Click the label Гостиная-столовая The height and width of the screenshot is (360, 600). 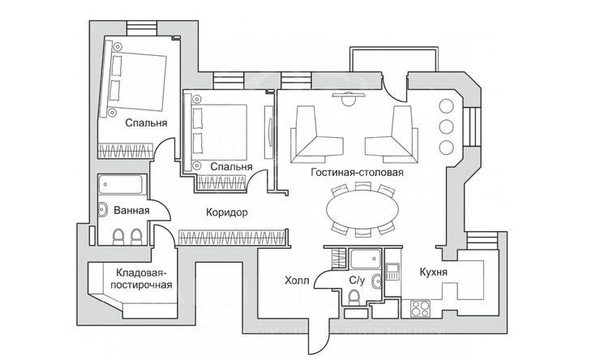click(357, 173)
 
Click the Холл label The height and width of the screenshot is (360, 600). click(297, 281)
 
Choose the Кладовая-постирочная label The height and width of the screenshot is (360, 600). click(143, 279)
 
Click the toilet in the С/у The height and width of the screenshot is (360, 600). click(354, 301)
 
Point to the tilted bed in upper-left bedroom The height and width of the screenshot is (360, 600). click(133, 81)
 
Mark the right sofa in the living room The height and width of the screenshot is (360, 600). click(395, 134)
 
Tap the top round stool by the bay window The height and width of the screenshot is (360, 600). click(445, 105)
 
